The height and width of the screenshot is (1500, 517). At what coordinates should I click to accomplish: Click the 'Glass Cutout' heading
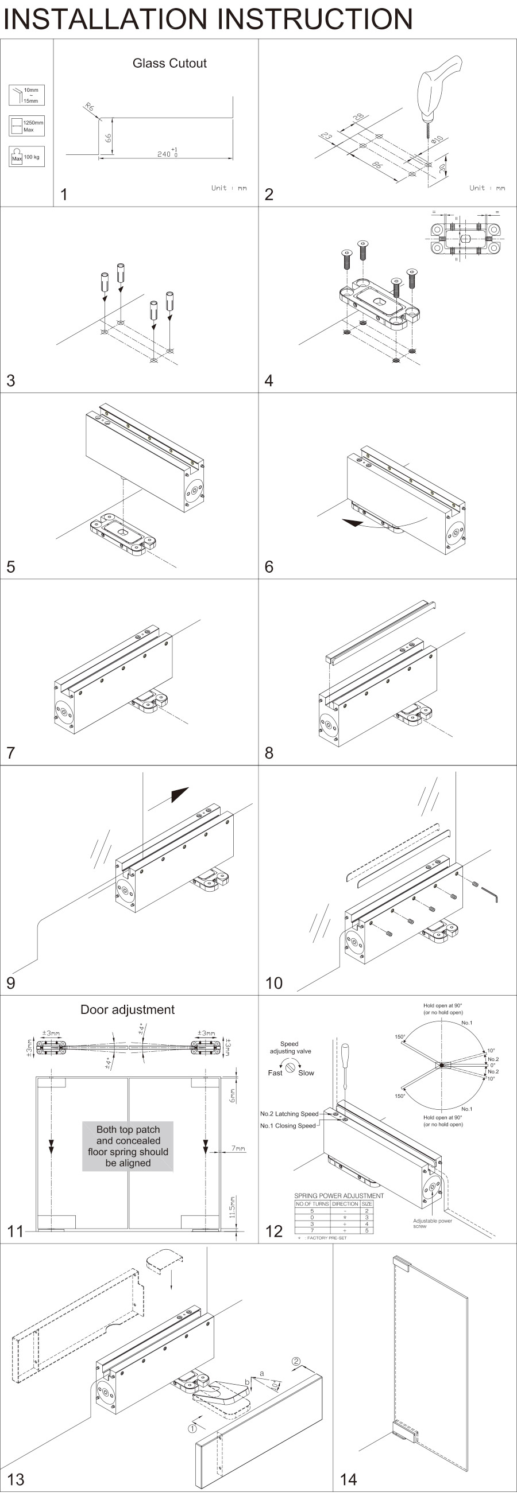click(x=169, y=64)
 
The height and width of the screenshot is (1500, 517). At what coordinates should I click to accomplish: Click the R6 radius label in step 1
click(x=89, y=108)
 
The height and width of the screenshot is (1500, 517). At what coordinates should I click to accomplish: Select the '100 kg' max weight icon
click(x=26, y=157)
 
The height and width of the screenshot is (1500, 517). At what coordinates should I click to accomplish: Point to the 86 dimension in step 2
click(x=377, y=165)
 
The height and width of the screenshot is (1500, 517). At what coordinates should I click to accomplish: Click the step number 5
click(x=10, y=566)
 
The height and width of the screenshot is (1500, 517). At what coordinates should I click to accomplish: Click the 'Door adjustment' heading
click(x=128, y=1010)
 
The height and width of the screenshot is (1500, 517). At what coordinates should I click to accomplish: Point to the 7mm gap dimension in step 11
click(x=238, y=1148)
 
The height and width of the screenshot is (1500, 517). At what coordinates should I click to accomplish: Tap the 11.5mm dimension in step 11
click(x=232, y=1208)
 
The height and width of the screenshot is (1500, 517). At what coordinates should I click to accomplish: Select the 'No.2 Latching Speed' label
click(x=289, y=1114)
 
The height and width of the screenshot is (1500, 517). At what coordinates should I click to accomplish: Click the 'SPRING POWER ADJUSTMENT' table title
click(x=339, y=1195)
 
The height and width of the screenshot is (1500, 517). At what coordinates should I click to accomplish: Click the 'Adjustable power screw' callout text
click(x=432, y=1223)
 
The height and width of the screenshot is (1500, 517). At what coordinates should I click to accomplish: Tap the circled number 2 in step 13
click(x=296, y=1361)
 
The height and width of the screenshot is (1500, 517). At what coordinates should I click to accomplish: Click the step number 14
click(x=349, y=1479)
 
